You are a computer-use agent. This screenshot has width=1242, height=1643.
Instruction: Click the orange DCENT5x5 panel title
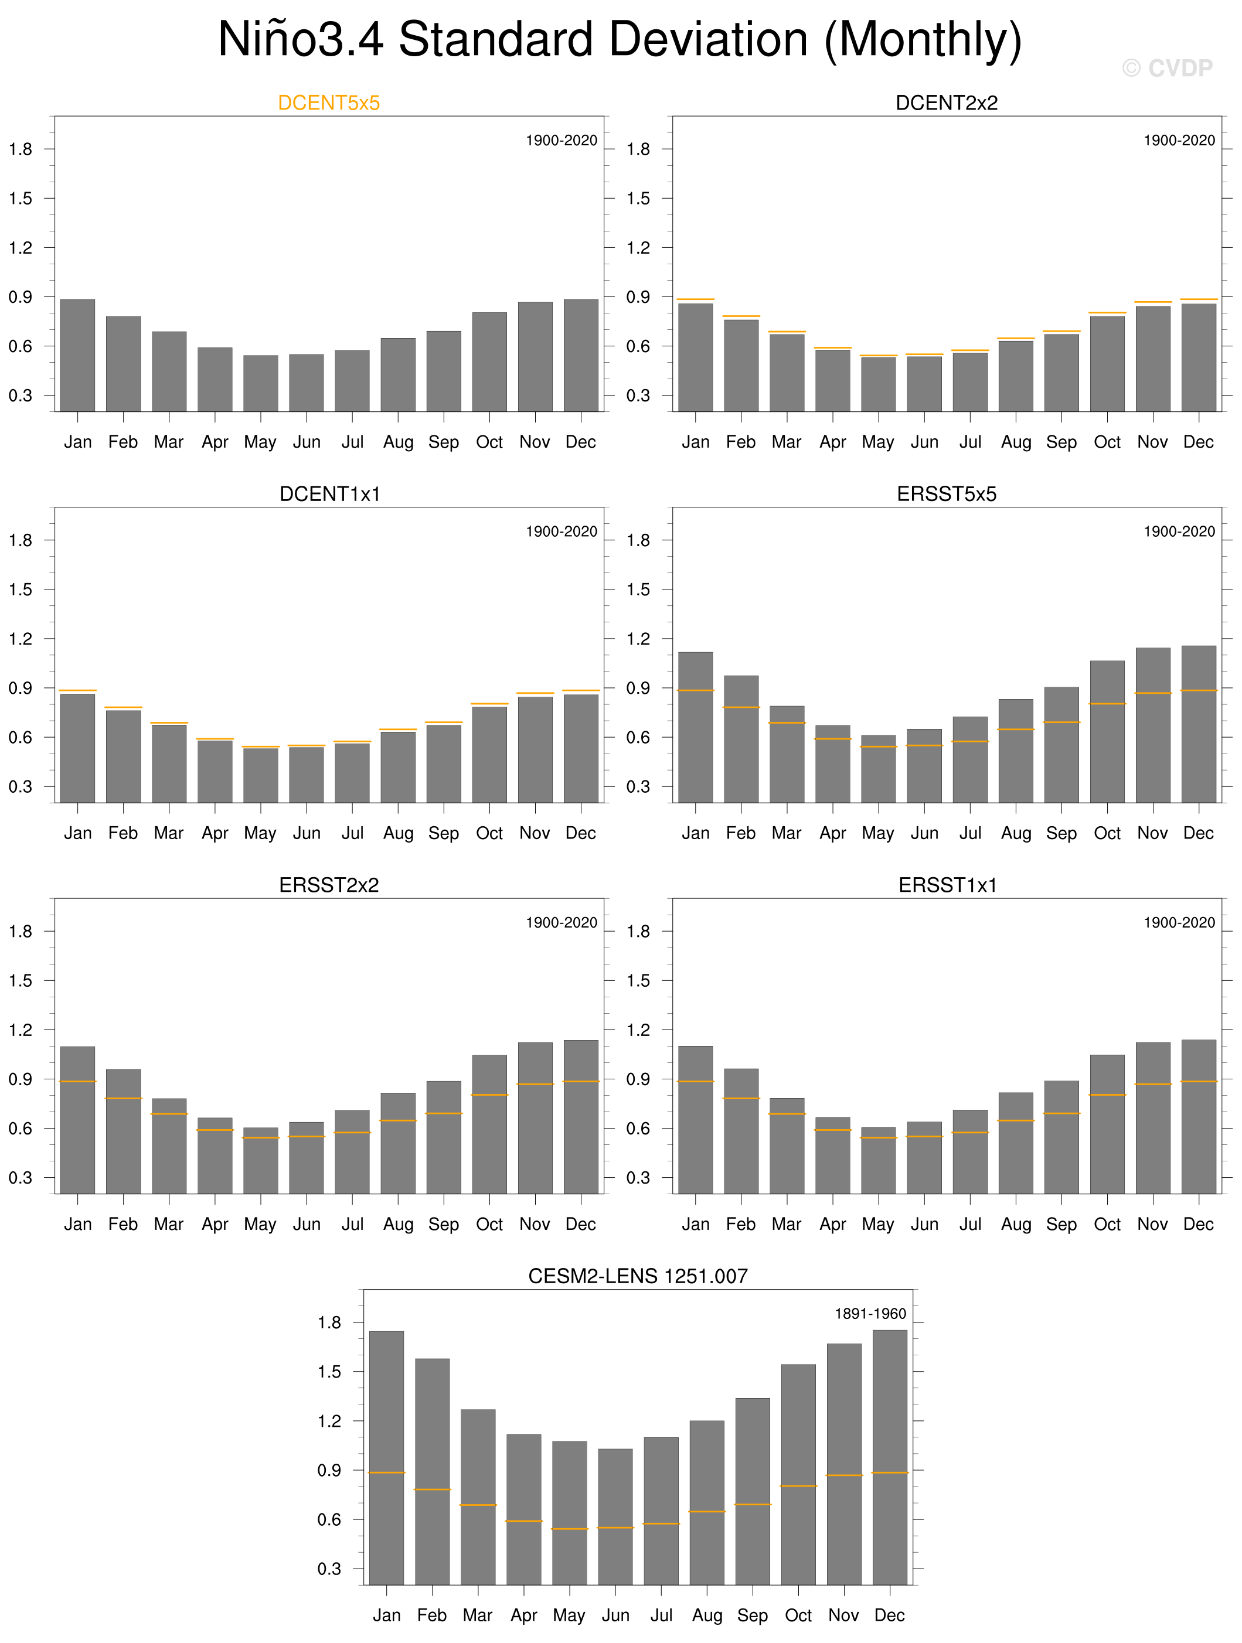(328, 103)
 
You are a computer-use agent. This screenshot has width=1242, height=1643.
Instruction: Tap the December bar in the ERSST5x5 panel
(1198, 724)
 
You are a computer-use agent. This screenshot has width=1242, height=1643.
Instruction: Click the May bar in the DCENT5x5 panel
(261, 383)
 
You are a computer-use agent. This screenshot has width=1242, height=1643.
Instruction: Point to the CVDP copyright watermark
(1167, 69)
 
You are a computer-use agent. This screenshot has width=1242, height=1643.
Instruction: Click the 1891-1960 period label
(870, 1313)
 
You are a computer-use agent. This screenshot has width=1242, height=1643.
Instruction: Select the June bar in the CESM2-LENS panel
(615, 1516)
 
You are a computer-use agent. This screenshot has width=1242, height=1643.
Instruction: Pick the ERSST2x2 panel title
(328, 885)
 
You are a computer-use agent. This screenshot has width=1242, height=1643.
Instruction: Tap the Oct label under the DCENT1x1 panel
(489, 833)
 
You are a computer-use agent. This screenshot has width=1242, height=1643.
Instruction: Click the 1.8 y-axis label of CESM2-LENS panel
(329, 1322)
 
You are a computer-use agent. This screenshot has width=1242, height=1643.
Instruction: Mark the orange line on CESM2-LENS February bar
(433, 1489)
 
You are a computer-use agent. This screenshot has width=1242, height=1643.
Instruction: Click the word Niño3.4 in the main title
(300, 39)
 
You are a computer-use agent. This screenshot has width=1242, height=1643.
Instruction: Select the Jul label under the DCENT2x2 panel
(970, 442)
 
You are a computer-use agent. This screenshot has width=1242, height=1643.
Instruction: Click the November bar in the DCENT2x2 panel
(1153, 359)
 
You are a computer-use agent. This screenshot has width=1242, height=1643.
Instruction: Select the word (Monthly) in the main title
(923, 39)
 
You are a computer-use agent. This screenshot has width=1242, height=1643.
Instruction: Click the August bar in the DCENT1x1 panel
(398, 766)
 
